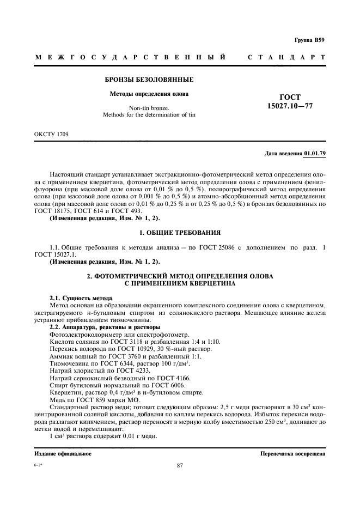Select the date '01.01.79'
pyautogui.click(x=315, y=153)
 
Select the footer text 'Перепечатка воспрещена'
pyautogui.click(x=293, y=453)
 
